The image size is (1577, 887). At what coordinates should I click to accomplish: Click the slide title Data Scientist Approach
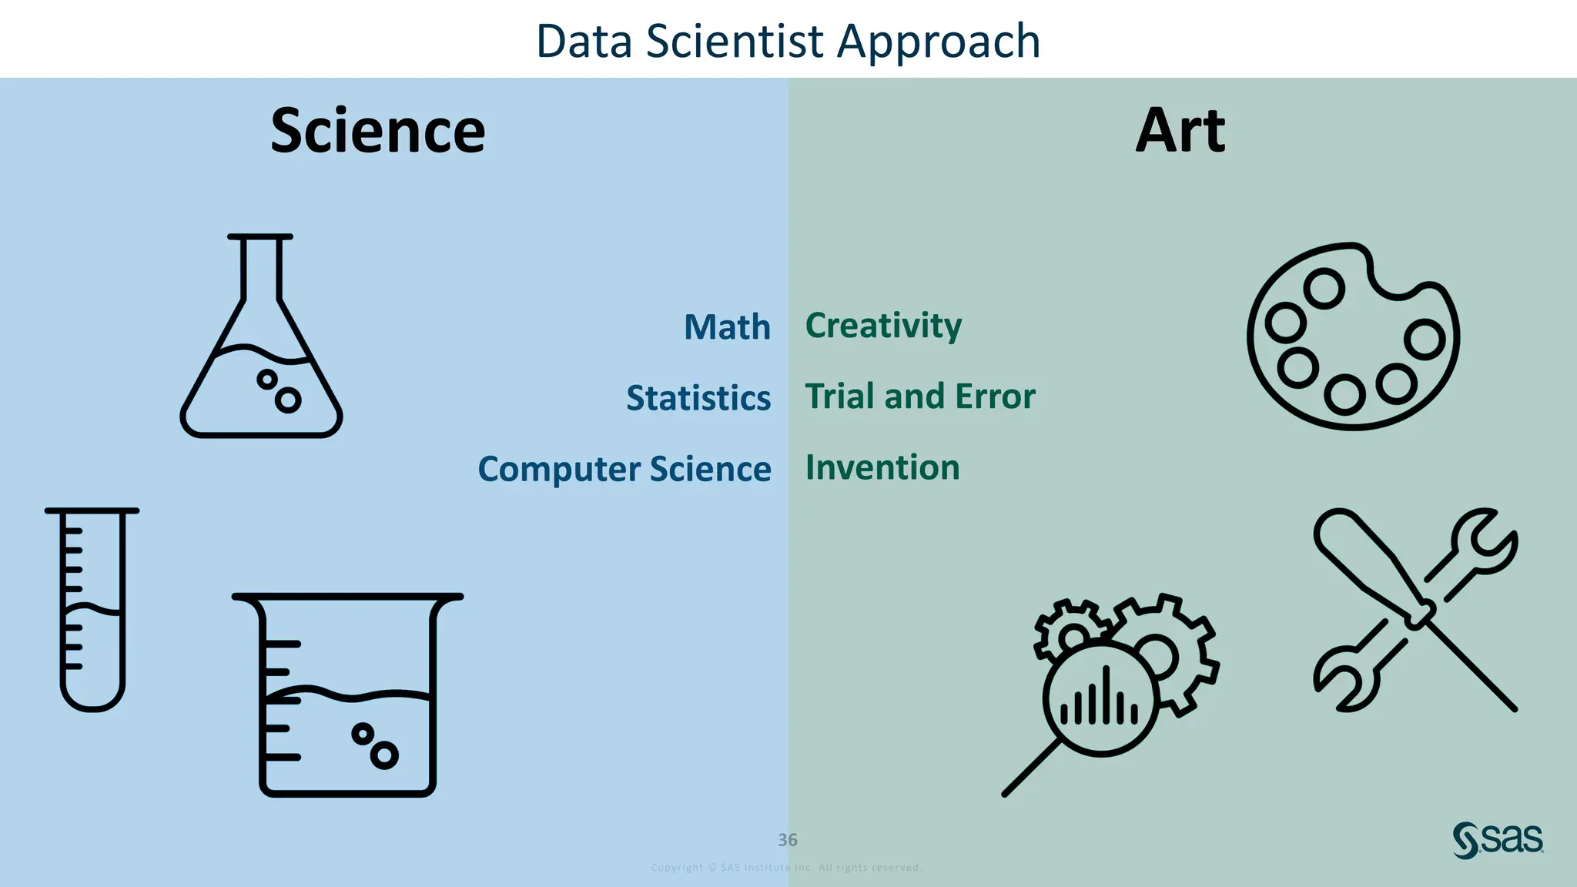tap(788, 42)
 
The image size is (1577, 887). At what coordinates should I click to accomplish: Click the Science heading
tap(378, 131)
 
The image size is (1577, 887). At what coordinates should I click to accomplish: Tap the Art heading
tap(1180, 131)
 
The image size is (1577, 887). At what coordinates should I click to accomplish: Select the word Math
tap(727, 327)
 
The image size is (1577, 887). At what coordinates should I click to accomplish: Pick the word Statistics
tap(698, 398)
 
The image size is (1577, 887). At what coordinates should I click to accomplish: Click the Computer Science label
tap(624, 469)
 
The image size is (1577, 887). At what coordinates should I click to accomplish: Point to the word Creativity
tap(883, 326)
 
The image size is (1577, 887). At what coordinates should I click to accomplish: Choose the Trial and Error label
tap(920, 397)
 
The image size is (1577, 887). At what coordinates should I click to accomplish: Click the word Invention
tap(882, 467)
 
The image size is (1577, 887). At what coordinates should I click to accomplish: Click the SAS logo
tap(1498, 840)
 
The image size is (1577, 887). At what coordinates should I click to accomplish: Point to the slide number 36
tap(787, 840)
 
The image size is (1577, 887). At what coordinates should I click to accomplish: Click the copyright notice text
tap(786, 868)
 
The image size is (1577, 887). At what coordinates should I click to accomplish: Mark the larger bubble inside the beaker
tap(384, 755)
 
